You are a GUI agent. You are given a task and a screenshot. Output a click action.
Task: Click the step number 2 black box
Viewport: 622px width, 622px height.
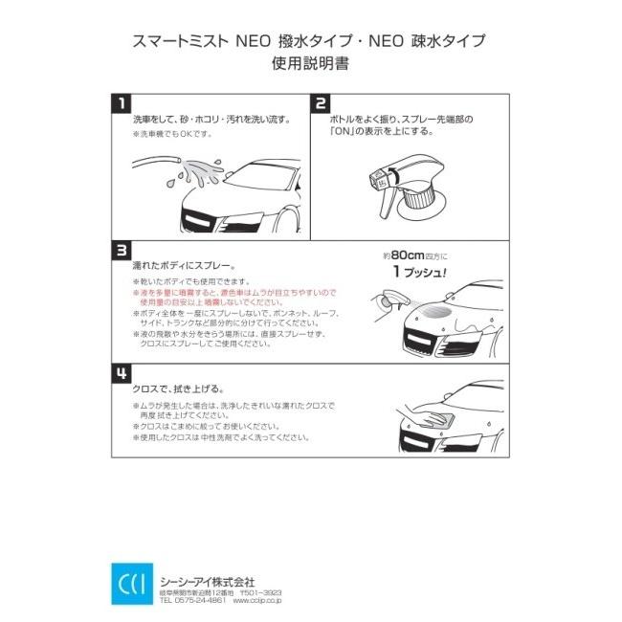pos(321,103)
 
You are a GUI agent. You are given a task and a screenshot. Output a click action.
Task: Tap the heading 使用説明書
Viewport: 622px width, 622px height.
pos(311,63)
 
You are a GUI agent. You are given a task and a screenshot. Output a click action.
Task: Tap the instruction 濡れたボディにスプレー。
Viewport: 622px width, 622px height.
pos(184,266)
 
